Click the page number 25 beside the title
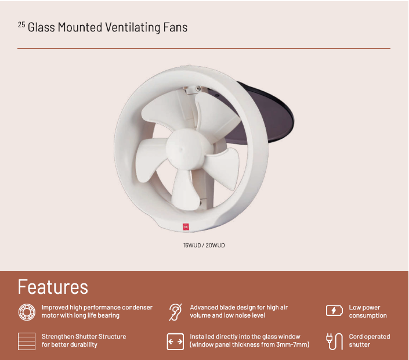21,25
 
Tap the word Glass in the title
41,27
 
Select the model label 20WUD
215,246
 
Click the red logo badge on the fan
186,226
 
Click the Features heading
53,287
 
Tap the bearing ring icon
27,312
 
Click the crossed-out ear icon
175,312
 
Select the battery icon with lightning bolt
334,311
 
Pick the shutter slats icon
27,341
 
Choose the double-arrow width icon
175,341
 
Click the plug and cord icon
334,341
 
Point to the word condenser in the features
137,307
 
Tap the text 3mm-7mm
292,344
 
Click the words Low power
364,308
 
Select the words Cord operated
370,337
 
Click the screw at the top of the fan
198,88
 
